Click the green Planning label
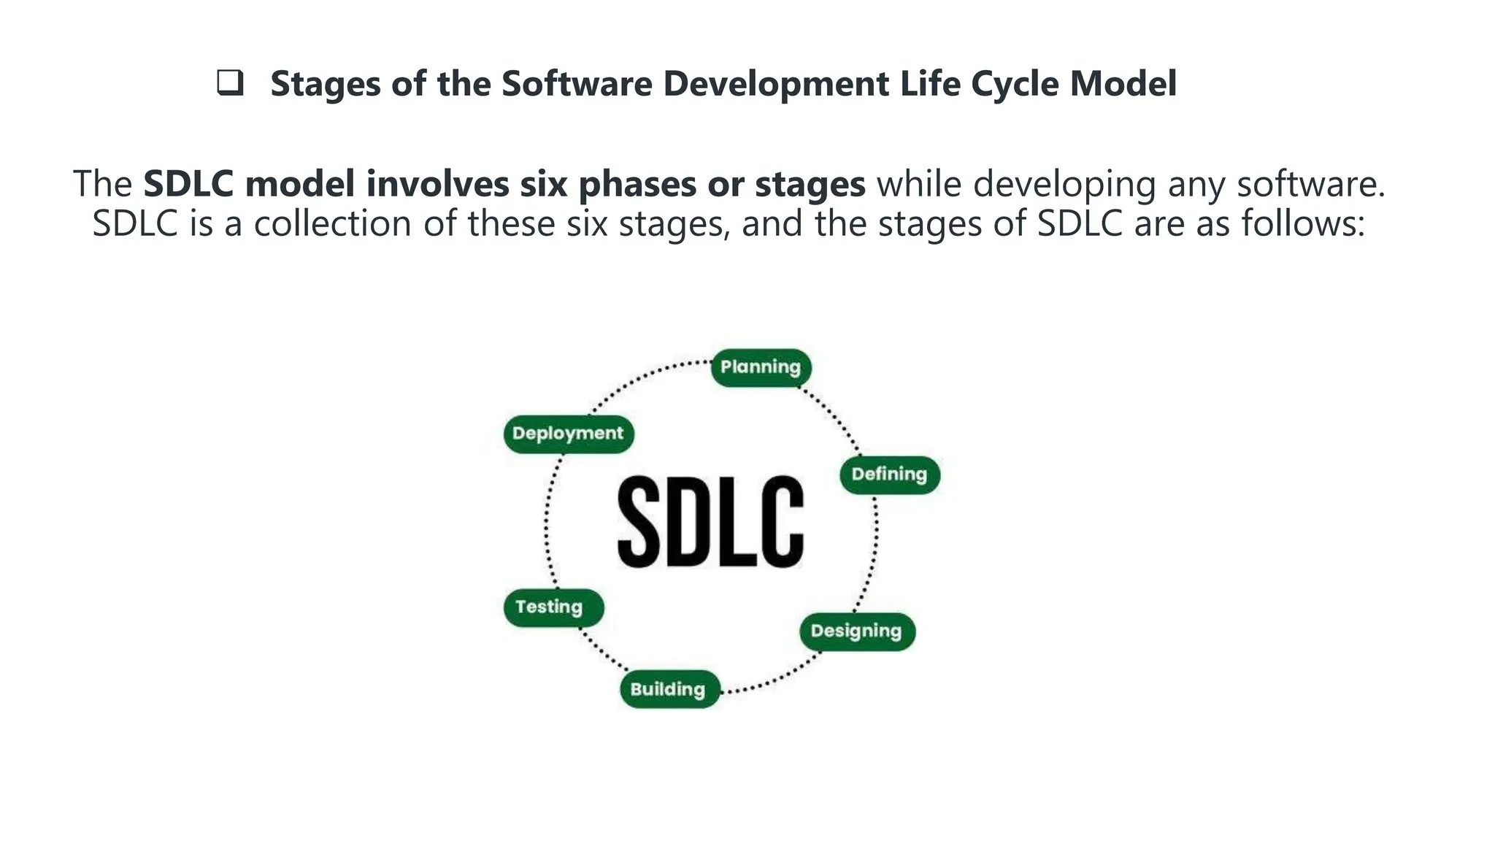[x=761, y=367]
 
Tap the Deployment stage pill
[x=568, y=434]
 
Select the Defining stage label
[x=889, y=475]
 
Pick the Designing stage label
[x=856, y=631]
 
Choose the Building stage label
[x=668, y=689]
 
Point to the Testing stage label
[x=552, y=607]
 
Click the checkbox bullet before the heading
[x=230, y=83]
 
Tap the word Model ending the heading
[x=1123, y=83]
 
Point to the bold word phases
[x=637, y=184]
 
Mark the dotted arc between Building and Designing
[x=774, y=679]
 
